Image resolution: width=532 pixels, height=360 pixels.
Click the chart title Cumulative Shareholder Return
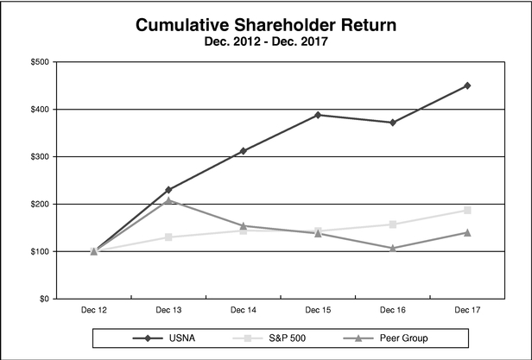point(265,25)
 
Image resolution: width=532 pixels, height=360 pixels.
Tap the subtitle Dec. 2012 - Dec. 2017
point(265,41)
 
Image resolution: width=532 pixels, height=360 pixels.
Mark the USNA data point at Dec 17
point(467,85)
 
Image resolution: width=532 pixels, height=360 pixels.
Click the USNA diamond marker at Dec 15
point(318,115)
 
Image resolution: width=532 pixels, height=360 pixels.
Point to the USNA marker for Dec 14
point(243,150)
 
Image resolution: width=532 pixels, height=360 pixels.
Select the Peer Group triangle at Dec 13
point(168,200)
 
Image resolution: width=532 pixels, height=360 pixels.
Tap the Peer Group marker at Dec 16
point(393,248)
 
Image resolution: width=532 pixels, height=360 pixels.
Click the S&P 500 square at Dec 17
point(467,210)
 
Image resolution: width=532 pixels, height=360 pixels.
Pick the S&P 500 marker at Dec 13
point(168,237)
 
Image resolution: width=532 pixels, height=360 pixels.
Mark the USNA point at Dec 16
point(393,123)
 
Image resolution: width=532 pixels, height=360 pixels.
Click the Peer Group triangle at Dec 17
point(467,232)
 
